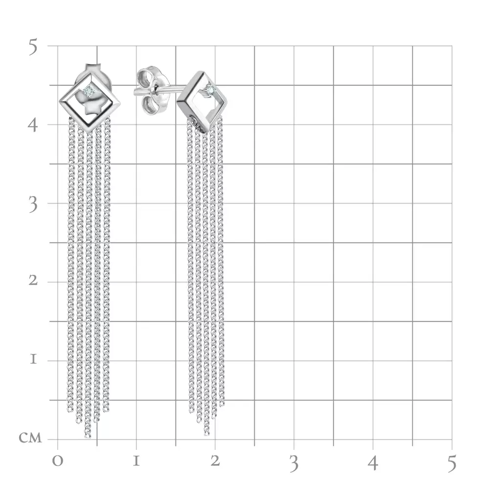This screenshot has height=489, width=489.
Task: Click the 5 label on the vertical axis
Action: pos(33,47)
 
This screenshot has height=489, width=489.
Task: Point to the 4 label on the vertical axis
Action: pos(32,126)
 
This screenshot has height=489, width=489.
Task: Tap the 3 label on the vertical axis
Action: pos(33,205)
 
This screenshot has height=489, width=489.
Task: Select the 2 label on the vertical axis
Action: pos(33,280)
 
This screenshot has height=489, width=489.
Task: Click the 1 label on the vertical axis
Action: pos(33,359)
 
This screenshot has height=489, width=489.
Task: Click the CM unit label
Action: pos(30,438)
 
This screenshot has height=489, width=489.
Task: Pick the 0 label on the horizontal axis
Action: pos(57,461)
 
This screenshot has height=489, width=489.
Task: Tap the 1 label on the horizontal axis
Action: pos(136,461)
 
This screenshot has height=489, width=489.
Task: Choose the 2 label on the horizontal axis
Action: pos(215,461)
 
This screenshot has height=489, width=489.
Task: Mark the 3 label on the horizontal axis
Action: pos(294,464)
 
